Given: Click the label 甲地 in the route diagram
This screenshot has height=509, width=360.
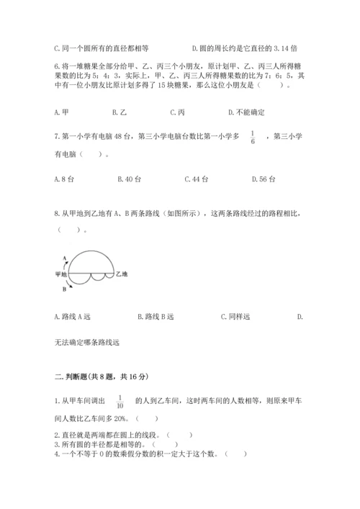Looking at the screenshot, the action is click(x=60, y=274).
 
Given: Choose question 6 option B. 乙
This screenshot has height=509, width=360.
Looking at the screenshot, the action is click(x=120, y=112).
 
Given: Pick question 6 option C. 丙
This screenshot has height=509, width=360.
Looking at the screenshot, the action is click(x=177, y=112).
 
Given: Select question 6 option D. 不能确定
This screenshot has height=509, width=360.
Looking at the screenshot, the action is click(x=246, y=112).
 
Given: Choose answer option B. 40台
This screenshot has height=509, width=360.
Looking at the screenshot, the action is click(x=124, y=179).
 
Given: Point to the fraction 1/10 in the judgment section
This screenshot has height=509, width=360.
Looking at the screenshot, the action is click(x=120, y=404).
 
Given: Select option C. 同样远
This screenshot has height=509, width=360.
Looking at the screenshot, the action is click(x=236, y=316).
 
